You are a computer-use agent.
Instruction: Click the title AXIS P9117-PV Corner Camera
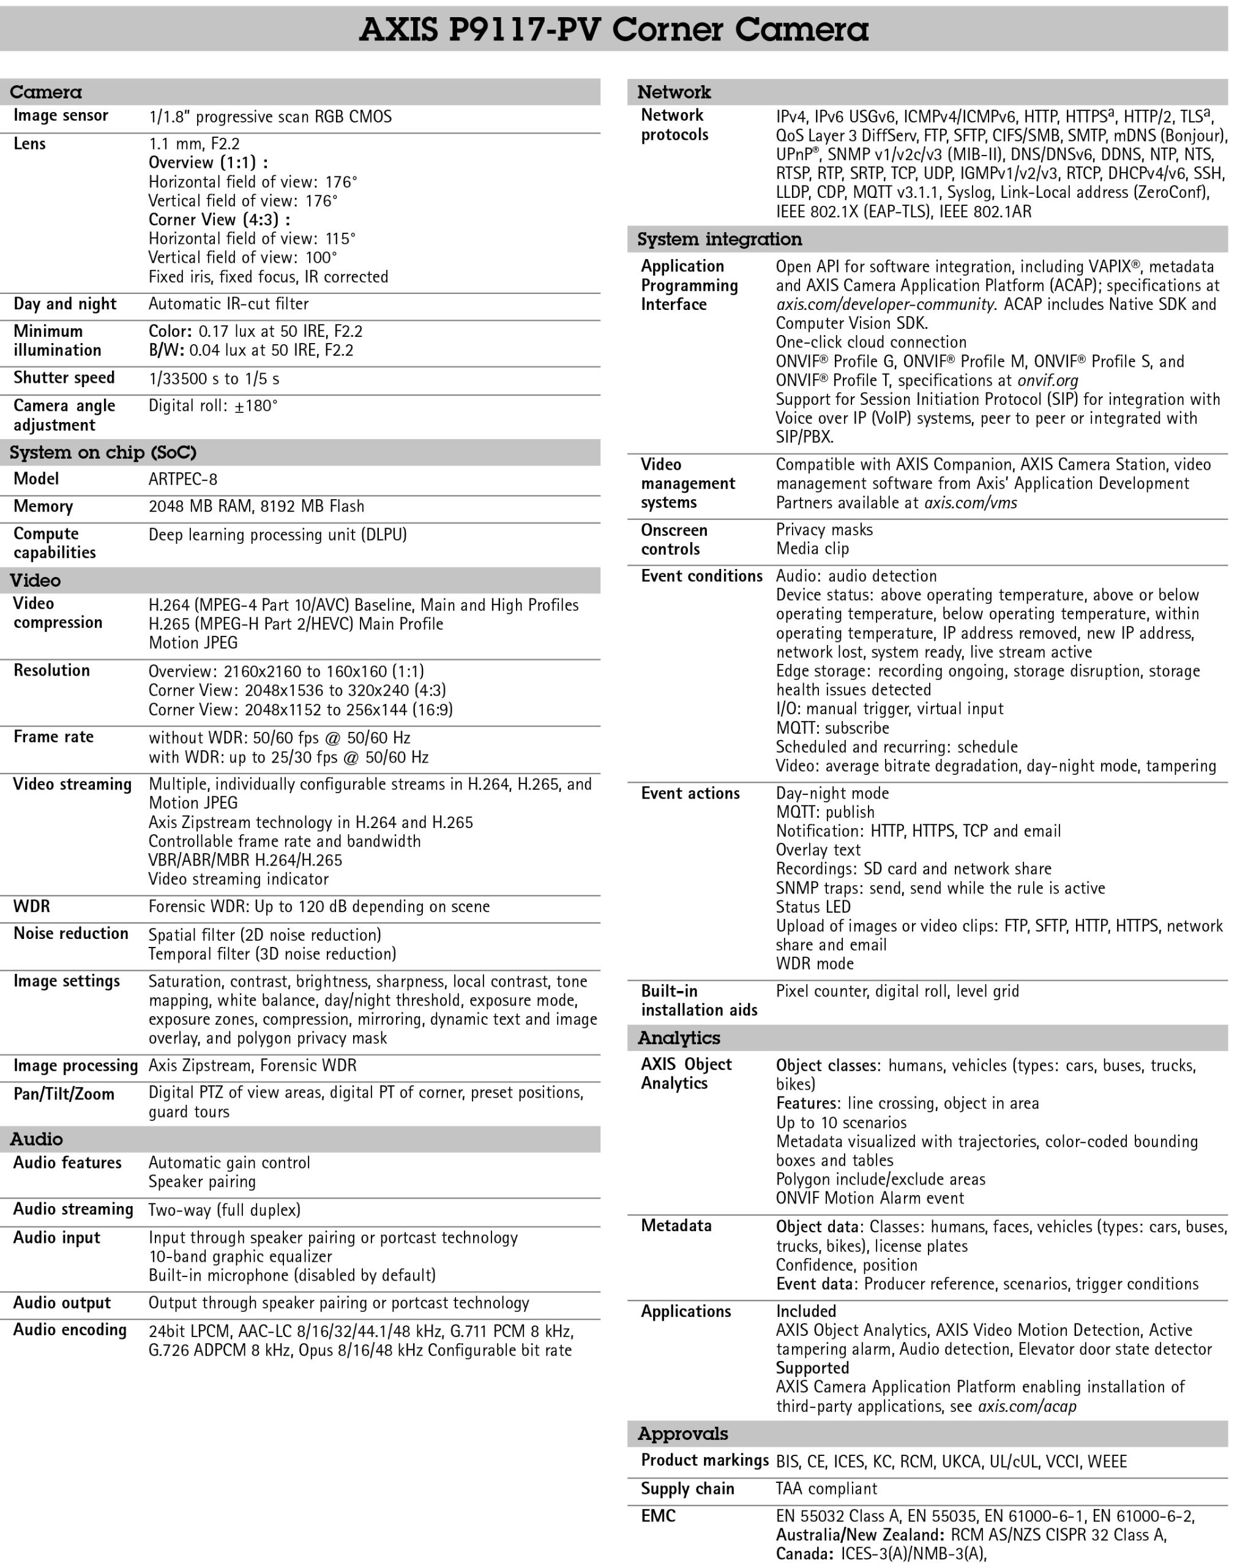(x=613, y=30)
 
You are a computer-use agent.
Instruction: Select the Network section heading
(x=674, y=92)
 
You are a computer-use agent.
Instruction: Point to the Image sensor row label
(x=61, y=116)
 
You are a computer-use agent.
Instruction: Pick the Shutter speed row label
(x=64, y=378)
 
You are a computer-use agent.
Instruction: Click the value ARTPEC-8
(x=182, y=479)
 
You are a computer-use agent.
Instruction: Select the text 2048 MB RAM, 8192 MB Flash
(x=256, y=506)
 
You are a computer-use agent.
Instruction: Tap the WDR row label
(x=32, y=906)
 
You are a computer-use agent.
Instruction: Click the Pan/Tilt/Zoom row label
(x=64, y=1094)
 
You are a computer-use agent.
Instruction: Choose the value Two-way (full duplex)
(x=224, y=1210)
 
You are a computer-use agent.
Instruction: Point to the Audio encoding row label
(x=70, y=1330)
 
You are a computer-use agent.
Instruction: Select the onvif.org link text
(x=1047, y=380)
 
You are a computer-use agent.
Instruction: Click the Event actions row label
(x=690, y=793)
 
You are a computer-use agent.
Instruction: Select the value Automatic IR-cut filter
(x=228, y=304)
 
